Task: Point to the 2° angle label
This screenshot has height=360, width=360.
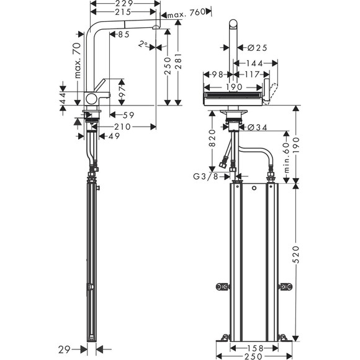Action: tap(144, 43)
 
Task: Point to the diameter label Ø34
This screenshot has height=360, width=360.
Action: tap(258, 127)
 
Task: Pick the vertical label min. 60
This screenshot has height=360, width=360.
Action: tap(286, 156)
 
